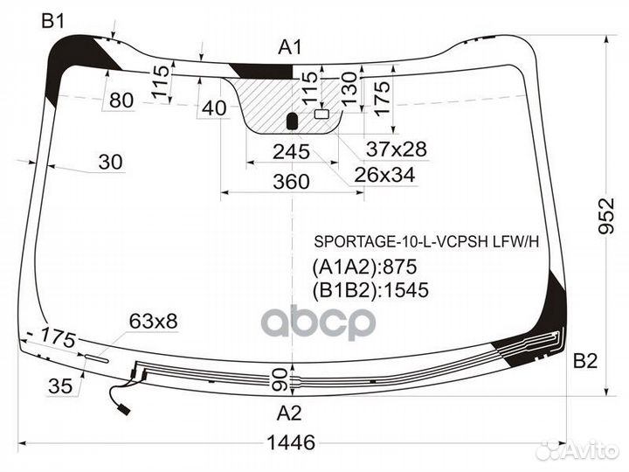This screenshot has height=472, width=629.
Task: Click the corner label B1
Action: click(x=53, y=20)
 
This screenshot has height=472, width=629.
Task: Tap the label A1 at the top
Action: click(x=290, y=47)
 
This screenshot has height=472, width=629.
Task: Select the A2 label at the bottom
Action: click(x=289, y=413)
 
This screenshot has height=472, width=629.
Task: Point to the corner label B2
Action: click(x=585, y=361)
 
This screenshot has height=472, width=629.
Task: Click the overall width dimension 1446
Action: click(x=291, y=442)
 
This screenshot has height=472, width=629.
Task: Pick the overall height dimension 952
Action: click(x=606, y=215)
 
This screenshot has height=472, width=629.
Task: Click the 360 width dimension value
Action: click(x=291, y=182)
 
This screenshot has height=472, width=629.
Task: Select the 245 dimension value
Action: click(x=291, y=152)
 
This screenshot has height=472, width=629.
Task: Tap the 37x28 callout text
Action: click(x=397, y=149)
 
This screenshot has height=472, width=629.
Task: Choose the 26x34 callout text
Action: click(x=384, y=175)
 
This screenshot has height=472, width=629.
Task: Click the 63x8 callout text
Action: click(x=153, y=321)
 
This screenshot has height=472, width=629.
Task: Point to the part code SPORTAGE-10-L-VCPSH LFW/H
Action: click(x=426, y=241)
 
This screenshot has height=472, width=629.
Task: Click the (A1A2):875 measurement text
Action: click(x=364, y=267)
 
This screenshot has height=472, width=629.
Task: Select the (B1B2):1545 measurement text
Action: click(x=370, y=290)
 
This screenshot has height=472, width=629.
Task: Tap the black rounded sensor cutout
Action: click(x=293, y=121)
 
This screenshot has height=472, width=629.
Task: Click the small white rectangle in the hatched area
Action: click(x=321, y=114)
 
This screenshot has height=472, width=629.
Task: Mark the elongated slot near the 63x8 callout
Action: click(x=97, y=358)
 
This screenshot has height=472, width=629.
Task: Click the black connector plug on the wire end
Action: click(x=124, y=409)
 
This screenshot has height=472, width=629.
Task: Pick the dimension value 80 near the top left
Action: click(x=121, y=100)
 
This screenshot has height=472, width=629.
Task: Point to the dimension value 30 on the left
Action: click(x=110, y=162)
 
